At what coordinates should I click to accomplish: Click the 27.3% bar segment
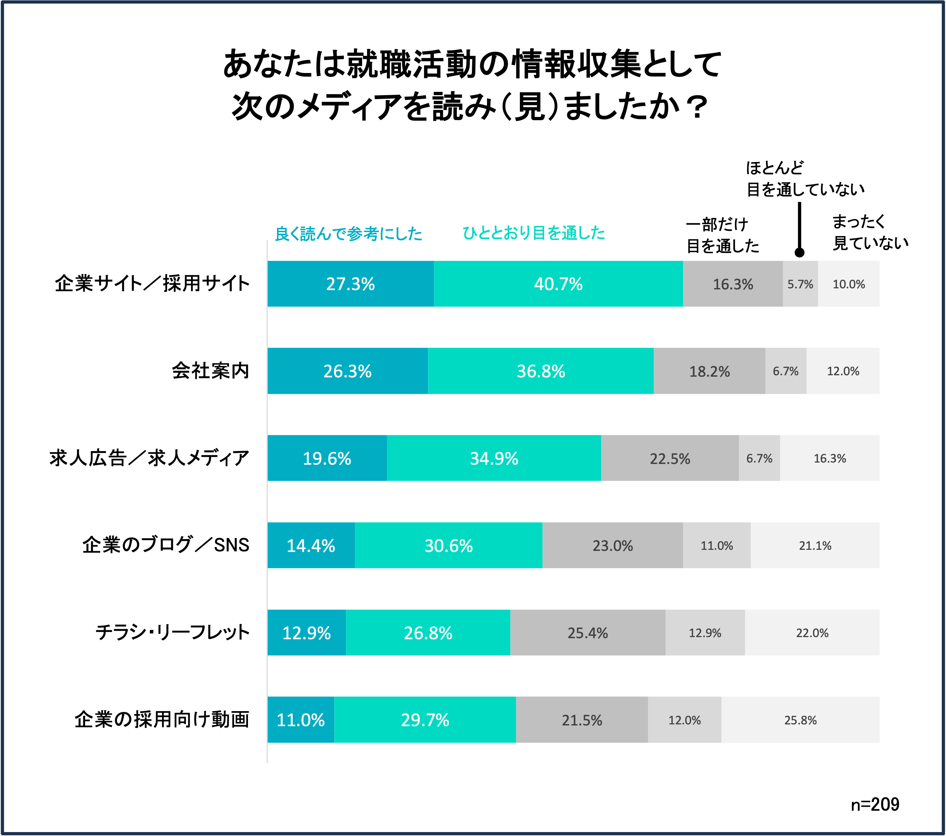tap(350, 284)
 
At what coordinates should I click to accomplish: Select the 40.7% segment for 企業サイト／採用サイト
tap(558, 284)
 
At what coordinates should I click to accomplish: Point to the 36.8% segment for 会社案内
tap(541, 371)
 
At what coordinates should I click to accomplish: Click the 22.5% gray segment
tap(670, 458)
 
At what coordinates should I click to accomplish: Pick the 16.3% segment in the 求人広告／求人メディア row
tap(829, 458)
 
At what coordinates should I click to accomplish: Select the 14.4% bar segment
tap(311, 546)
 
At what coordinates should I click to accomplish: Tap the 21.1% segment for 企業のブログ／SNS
tap(815, 546)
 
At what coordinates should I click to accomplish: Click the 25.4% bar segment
tap(587, 632)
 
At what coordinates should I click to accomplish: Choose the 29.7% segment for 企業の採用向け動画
tap(425, 720)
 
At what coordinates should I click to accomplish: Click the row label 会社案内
tap(211, 371)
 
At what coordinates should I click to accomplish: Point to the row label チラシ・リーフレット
tap(172, 632)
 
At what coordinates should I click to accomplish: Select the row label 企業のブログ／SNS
tap(166, 546)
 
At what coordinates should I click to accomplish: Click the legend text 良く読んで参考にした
tap(348, 234)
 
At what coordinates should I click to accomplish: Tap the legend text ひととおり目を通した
tap(533, 233)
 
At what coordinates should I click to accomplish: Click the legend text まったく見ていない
tap(870, 232)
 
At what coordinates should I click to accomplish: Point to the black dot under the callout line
tap(799, 252)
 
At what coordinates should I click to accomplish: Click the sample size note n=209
tap(875, 805)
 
